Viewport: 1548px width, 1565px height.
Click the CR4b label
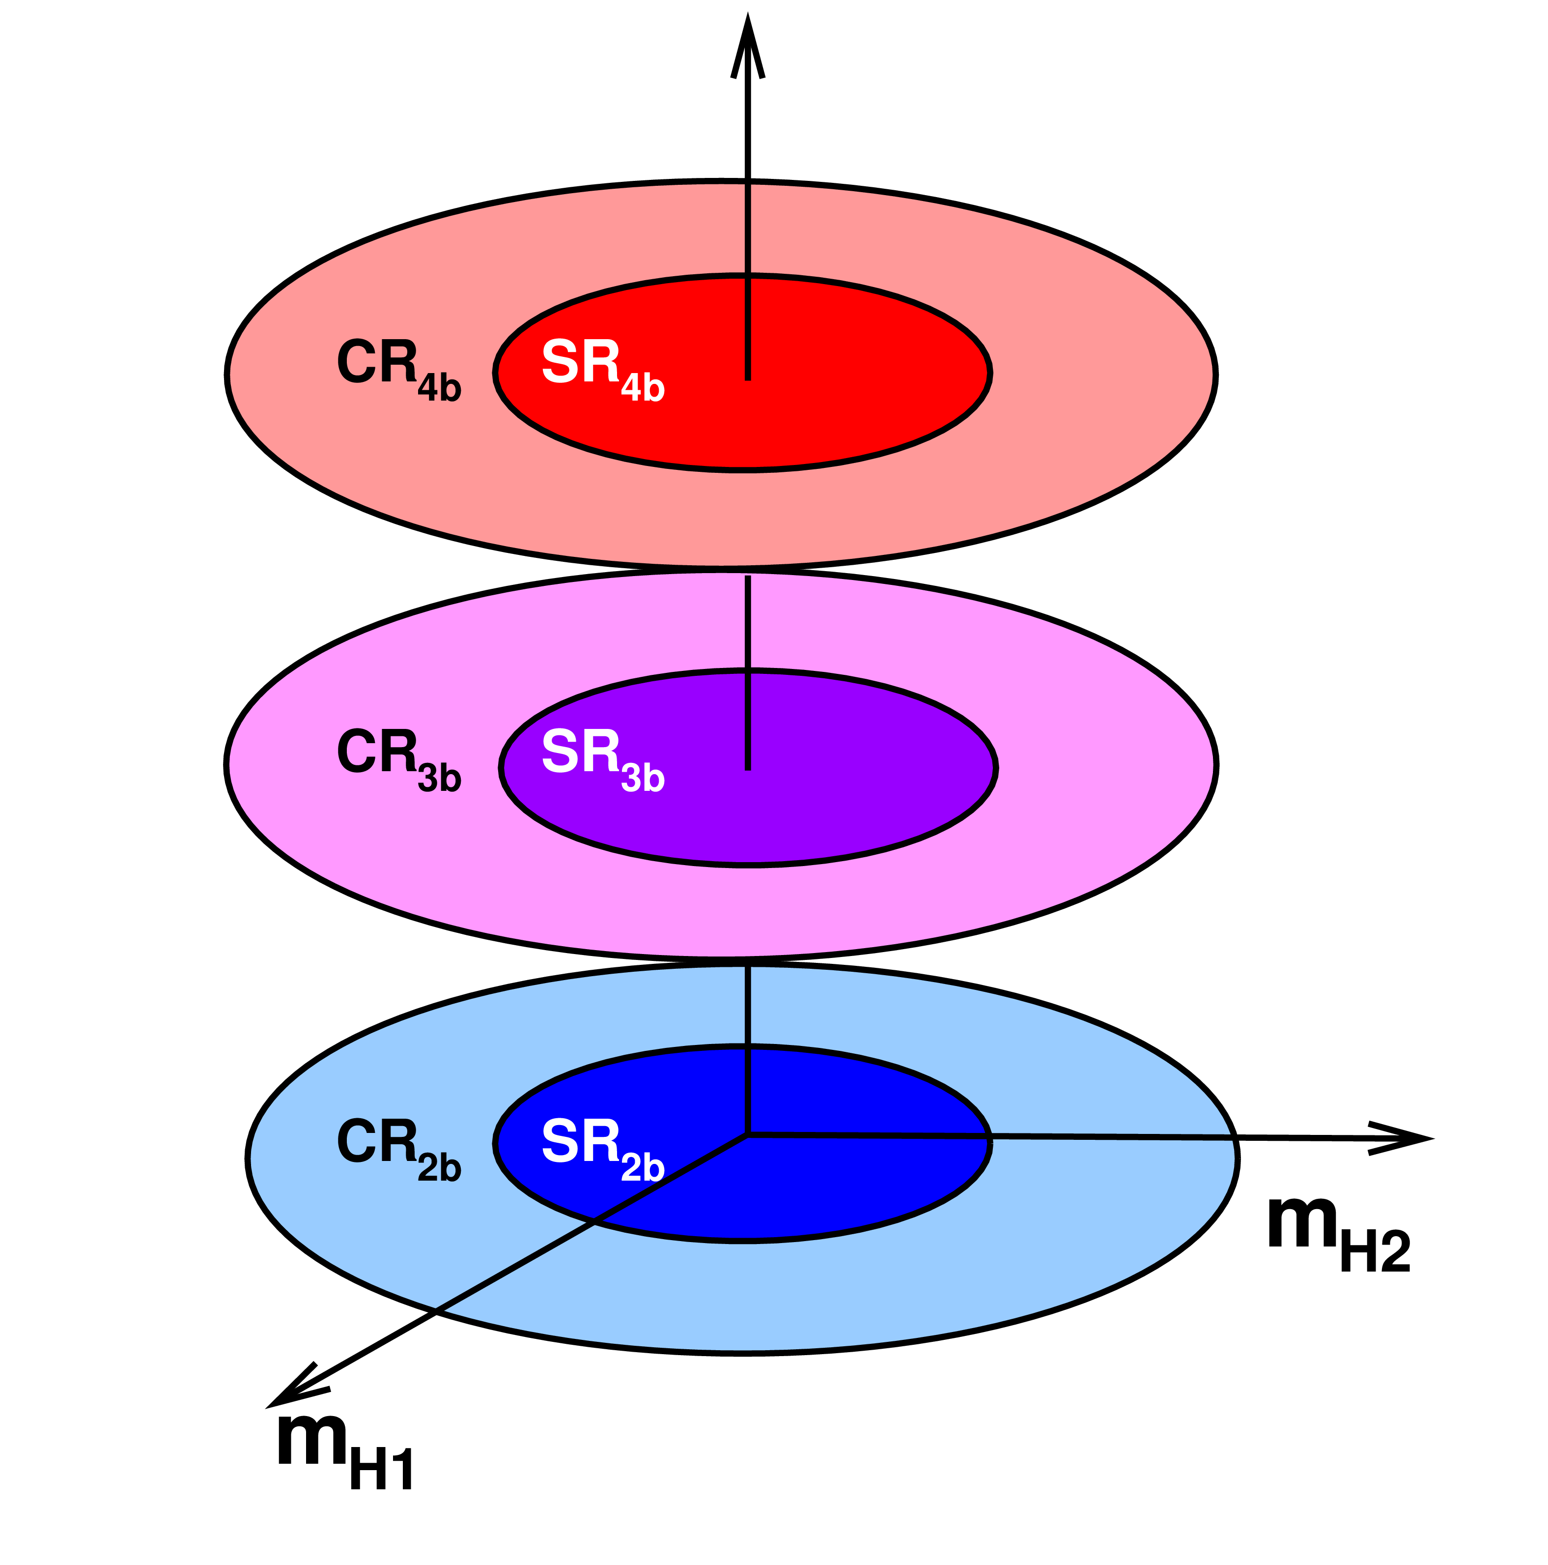398,370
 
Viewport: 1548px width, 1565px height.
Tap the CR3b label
398,759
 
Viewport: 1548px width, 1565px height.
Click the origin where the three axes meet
747,1135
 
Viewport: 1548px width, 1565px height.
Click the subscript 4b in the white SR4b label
643,388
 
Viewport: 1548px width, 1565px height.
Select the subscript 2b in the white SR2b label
643,1167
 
